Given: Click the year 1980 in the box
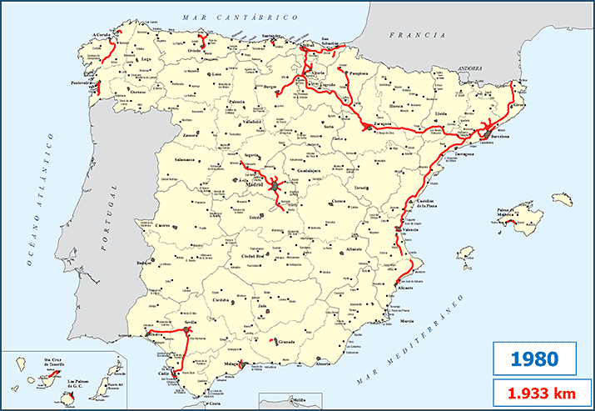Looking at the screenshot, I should point(533,360).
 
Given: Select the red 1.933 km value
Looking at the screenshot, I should point(533,392).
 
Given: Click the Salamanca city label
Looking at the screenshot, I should point(184,159).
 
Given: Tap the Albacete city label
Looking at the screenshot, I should point(358,251).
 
